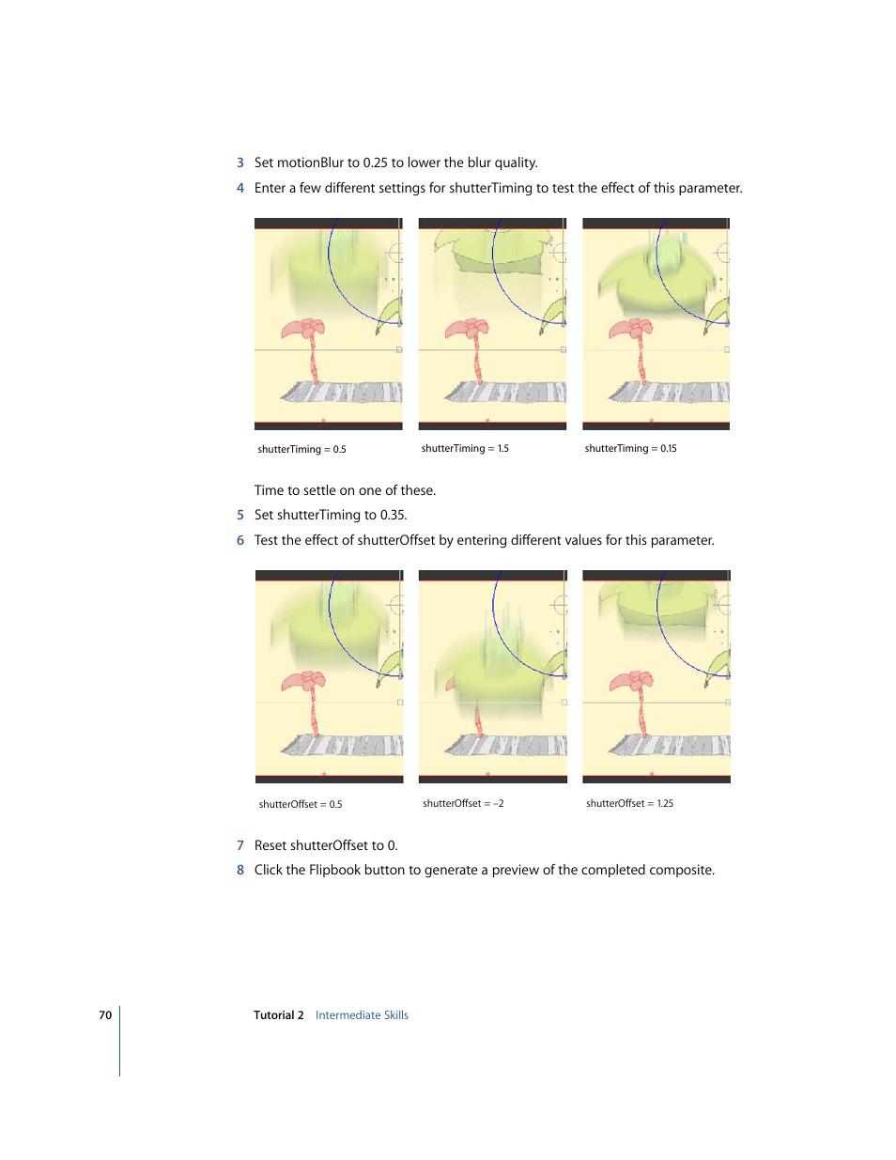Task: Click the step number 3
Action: coord(240,162)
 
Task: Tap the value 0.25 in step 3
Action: coord(375,162)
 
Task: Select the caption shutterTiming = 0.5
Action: coord(301,450)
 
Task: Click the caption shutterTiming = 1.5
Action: coord(465,448)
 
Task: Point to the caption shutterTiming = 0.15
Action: coord(630,448)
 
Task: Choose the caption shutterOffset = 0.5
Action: coord(301,804)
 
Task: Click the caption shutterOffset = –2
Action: coord(463,803)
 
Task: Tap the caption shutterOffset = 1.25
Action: coord(629,803)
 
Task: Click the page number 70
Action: coord(105,1014)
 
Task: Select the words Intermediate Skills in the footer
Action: coord(362,1014)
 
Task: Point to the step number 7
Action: coord(240,845)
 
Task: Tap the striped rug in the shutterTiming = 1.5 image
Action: coord(505,393)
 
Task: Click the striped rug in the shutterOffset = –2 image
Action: coord(505,745)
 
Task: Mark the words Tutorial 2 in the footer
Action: coord(279,1014)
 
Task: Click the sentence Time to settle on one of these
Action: coord(345,490)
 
